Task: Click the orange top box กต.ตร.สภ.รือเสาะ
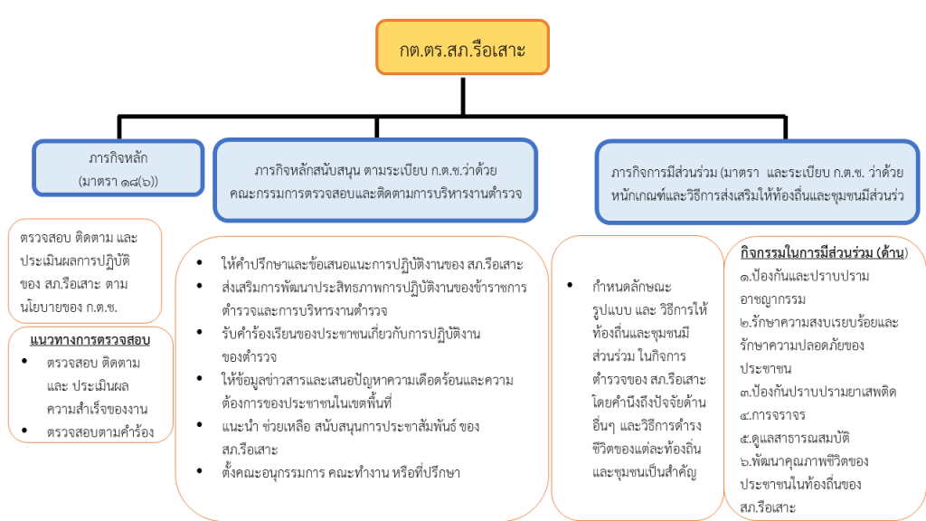pyautogui.click(x=462, y=47)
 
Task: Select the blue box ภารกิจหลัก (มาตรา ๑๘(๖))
pyautogui.click(x=118, y=168)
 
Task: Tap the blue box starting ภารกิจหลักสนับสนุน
pyautogui.click(x=375, y=180)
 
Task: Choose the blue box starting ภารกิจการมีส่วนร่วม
pyautogui.click(x=757, y=182)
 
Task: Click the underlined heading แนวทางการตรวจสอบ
pyautogui.click(x=90, y=340)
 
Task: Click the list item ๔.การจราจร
pyautogui.click(x=772, y=414)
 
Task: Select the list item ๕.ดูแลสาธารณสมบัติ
pyautogui.click(x=794, y=439)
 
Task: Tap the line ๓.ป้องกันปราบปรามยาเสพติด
pyautogui.click(x=817, y=392)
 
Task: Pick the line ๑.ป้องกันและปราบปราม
pyautogui.click(x=804, y=276)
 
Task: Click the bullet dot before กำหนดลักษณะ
pyautogui.click(x=570, y=285)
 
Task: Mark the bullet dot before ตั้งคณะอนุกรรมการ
pyautogui.click(x=200, y=470)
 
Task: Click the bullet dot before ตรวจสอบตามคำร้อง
pyautogui.click(x=24, y=430)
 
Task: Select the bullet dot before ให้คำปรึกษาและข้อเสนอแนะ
pyautogui.click(x=200, y=262)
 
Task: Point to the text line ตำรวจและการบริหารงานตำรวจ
pyautogui.click(x=305, y=310)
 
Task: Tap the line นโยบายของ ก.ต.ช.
pyautogui.click(x=69, y=308)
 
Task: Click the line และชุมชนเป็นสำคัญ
pyautogui.click(x=644, y=472)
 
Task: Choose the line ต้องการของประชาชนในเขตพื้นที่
pyautogui.click(x=307, y=403)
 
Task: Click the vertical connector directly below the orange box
pyautogui.click(x=463, y=96)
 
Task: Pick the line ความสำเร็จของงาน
pyautogui.click(x=98, y=409)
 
